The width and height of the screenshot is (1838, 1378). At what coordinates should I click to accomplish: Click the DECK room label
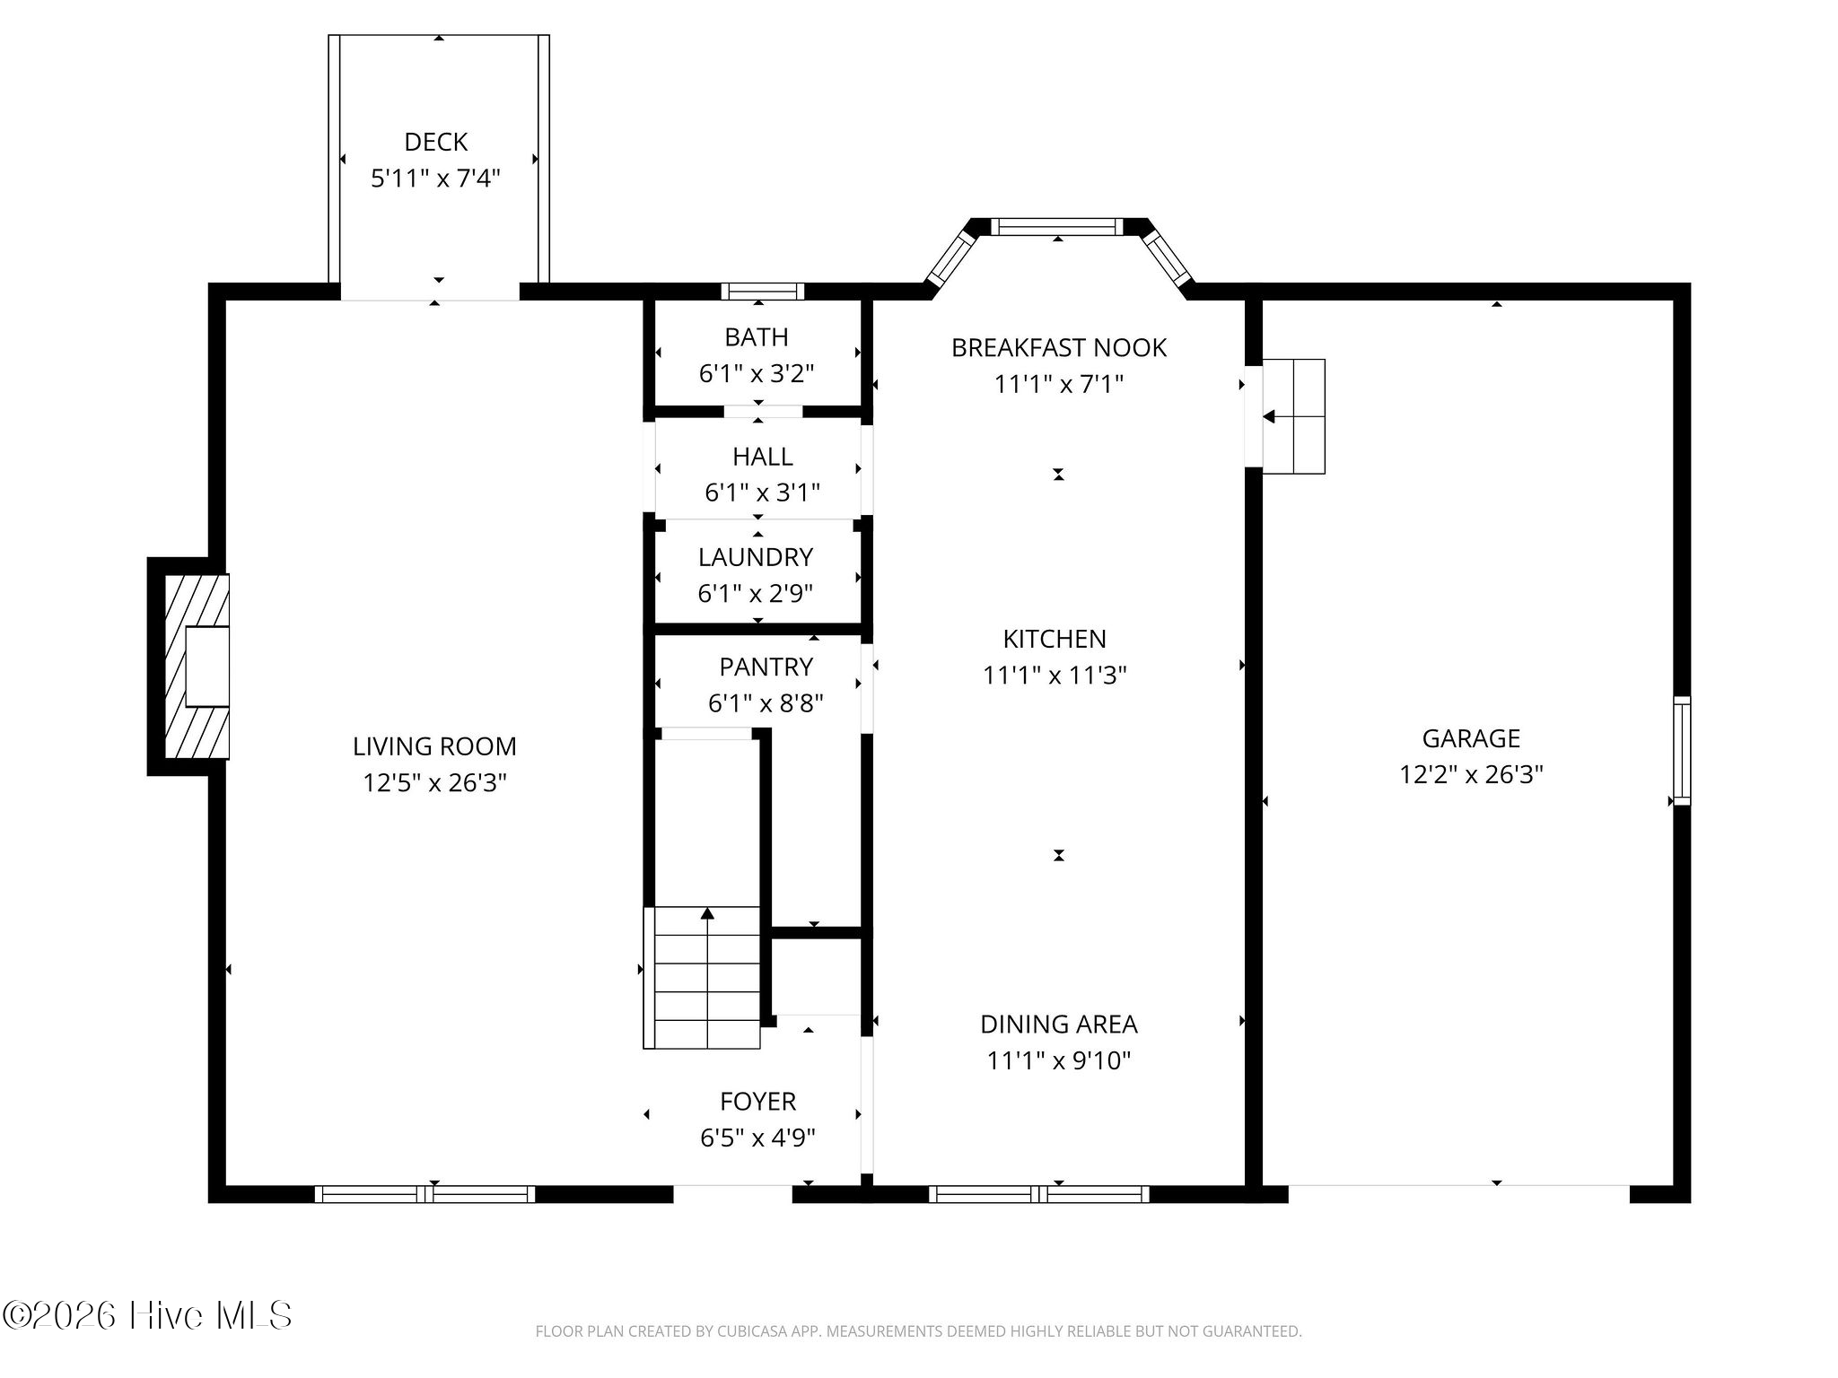coord(436,142)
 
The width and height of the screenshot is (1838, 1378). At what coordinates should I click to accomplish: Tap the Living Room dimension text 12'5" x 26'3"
coord(435,783)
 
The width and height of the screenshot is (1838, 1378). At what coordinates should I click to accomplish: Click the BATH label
coord(757,337)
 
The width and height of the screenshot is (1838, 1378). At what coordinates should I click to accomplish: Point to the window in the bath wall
coord(763,291)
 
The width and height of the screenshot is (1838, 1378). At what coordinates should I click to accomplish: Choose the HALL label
coord(763,457)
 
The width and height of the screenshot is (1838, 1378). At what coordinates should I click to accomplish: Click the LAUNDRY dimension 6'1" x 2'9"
coord(756,594)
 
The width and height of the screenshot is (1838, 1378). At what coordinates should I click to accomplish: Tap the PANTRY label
coord(766,667)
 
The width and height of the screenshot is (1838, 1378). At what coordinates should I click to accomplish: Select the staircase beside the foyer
coord(702,977)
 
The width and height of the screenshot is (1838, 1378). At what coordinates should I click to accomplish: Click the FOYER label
coord(757,1101)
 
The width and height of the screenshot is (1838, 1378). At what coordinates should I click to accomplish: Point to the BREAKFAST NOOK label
coord(1059,348)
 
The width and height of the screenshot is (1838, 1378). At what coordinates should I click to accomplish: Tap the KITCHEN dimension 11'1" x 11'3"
coord(1055,676)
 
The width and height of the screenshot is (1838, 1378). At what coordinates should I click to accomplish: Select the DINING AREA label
coord(1059,1024)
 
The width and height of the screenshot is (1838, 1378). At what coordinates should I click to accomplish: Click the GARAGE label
coord(1471,738)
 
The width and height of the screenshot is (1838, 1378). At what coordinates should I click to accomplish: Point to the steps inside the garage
coord(1293,416)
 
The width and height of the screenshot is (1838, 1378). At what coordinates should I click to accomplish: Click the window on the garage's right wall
coord(1682,751)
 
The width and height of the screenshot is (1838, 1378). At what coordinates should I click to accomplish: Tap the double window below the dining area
coord(1039,1194)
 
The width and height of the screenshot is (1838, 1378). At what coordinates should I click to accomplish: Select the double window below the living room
coord(424,1194)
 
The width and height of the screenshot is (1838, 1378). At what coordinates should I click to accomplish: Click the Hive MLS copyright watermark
coord(147,1316)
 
